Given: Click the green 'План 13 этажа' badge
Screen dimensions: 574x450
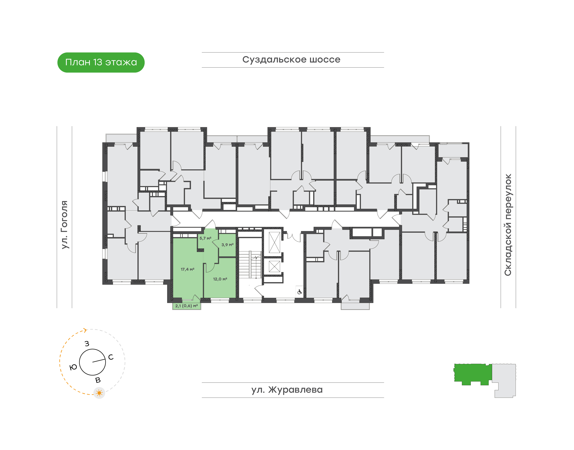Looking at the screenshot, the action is point(101,62).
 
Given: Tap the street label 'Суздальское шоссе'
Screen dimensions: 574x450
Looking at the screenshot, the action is point(291,60).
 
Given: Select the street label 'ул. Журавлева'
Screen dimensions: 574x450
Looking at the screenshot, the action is point(287,390).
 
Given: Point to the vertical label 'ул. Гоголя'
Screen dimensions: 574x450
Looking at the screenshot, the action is point(65,225).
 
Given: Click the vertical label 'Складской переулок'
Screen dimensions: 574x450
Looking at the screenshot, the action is point(508,225).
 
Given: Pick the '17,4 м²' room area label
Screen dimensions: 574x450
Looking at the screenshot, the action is point(187,269).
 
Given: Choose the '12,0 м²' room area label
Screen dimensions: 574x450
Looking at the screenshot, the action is point(220,279).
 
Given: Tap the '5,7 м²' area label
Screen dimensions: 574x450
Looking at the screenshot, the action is point(205,238).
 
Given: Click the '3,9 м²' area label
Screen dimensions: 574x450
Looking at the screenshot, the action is point(227,245).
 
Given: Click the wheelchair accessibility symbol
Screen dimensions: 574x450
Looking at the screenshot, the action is point(299,292).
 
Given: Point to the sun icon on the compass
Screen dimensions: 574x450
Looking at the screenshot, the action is point(99,393).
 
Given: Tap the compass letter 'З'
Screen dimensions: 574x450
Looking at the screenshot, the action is point(87,344).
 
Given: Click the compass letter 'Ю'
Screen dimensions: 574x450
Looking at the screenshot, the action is point(73,367).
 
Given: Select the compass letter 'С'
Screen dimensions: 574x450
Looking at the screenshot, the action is point(111,357).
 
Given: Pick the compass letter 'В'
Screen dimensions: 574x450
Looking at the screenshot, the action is point(98,380).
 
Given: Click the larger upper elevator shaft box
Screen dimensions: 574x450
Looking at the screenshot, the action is point(274,242).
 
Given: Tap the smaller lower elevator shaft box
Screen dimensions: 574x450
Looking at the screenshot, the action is point(274,266).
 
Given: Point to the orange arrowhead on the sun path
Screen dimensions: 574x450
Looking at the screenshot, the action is point(85,330).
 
